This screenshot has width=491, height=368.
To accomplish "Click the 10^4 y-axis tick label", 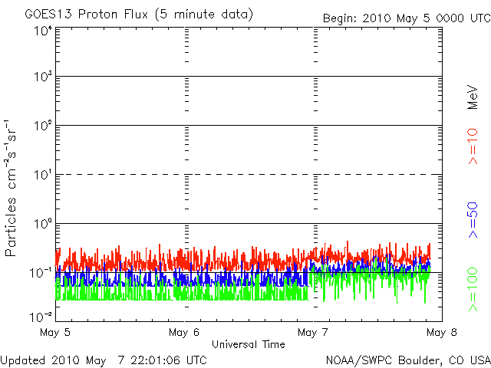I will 43,31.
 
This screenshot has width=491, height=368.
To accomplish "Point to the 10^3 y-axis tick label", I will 43,77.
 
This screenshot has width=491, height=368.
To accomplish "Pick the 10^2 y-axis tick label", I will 43,126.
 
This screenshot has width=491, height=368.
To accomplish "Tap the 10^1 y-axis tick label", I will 43,175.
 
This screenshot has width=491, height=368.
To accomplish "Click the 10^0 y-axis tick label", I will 43,224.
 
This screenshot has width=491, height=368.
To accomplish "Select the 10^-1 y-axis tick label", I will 41,273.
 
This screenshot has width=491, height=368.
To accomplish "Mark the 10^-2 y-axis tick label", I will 41,316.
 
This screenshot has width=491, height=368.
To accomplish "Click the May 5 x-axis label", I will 56,333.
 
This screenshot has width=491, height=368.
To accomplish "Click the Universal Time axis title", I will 248,344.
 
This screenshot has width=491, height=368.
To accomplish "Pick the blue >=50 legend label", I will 473,221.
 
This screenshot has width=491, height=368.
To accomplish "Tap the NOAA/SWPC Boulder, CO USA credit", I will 407,360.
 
